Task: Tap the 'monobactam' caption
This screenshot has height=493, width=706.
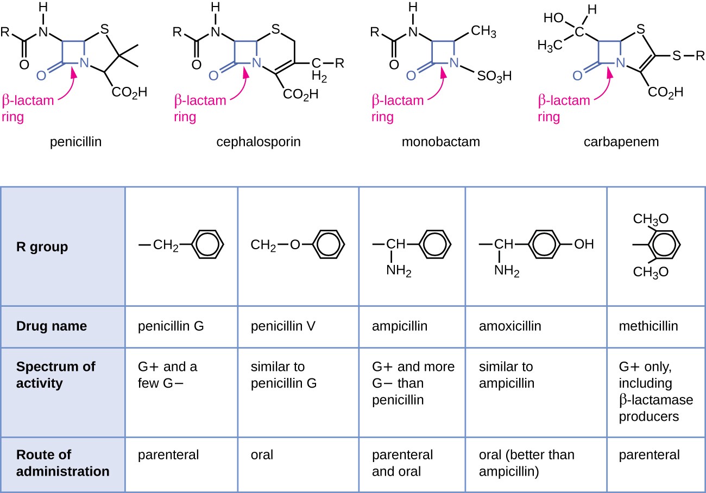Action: (441, 143)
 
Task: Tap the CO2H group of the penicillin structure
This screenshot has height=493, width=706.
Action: (129, 93)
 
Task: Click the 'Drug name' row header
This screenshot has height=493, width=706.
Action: (52, 327)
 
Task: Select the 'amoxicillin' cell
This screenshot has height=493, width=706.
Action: (510, 327)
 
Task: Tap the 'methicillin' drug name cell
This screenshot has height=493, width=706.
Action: (648, 327)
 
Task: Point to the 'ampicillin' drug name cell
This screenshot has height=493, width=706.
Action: (400, 327)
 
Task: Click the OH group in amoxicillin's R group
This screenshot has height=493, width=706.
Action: (584, 244)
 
